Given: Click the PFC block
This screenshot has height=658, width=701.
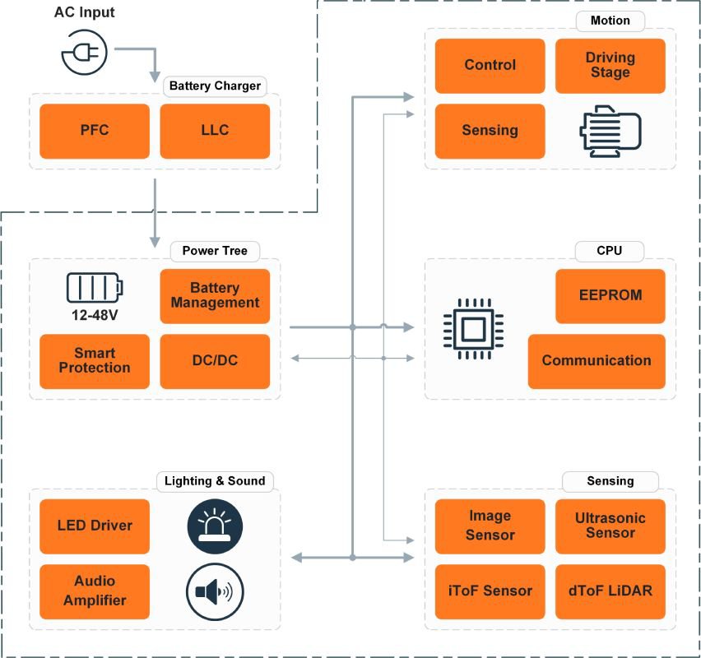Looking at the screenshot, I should click(95, 131).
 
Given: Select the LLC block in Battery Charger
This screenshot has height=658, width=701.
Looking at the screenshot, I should click(215, 131).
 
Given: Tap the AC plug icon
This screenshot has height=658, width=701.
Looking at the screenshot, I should click(83, 54).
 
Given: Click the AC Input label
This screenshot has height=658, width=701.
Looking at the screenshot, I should click(85, 13).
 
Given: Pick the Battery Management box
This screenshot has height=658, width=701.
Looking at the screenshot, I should click(215, 295).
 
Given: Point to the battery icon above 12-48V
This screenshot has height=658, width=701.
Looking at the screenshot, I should click(94, 288).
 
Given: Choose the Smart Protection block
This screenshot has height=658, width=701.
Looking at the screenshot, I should click(95, 361).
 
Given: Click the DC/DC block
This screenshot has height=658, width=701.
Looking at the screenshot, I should click(215, 361).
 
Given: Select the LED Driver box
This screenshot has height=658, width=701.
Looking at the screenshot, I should click(95, 526).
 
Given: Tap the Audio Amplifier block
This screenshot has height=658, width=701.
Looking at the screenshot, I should click(95, 591).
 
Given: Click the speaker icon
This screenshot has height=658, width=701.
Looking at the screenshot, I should click(215, 591).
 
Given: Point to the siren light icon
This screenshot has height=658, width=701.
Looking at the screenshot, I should click(215, 526).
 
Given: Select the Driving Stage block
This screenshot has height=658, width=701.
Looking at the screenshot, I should click(610, 65).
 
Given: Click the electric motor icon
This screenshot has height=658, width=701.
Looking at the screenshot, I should click(610, 131).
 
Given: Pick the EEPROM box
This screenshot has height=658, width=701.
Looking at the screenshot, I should click(610, 295).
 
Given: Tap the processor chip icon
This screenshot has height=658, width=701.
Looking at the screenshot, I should click(472, 329).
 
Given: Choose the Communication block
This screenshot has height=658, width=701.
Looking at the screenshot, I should click(597, 361).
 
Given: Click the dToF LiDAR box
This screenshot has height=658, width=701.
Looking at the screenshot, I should click(610, 591).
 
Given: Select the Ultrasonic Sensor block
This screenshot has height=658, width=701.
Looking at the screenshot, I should click(610, 526).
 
